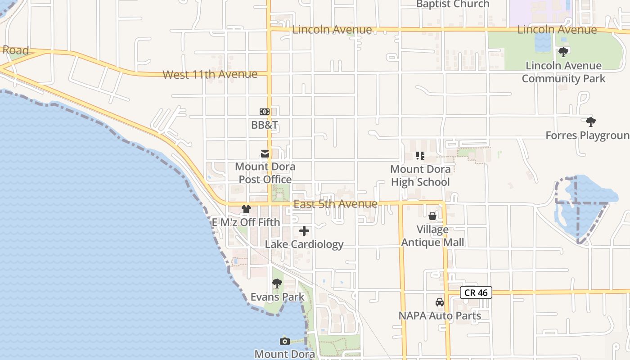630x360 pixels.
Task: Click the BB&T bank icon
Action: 265,111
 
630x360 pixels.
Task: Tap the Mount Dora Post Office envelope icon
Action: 265,154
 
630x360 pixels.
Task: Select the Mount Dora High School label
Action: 420,176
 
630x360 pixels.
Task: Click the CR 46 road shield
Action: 476,292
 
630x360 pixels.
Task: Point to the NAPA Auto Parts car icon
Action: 440,302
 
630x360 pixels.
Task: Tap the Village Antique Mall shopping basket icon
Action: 432,216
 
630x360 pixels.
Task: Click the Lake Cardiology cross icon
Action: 304,231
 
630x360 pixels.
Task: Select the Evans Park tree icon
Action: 277,283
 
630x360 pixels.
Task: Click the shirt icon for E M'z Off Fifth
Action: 246,209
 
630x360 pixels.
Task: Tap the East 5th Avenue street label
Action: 335,204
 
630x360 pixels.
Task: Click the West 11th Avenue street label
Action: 210,74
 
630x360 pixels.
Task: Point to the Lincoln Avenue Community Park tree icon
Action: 563,52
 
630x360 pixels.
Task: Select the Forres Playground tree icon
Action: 591,121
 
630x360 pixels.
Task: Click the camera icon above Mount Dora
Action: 284,341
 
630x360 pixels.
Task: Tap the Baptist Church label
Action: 452,4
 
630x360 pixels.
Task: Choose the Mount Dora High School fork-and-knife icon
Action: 420,156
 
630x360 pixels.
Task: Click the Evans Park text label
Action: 277,297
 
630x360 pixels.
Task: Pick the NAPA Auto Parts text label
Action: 440,316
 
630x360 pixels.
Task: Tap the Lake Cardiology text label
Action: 304,244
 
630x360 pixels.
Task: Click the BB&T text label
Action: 265,125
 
